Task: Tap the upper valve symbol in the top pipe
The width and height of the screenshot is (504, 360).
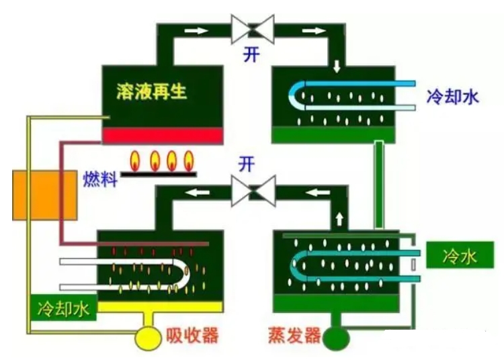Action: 252,30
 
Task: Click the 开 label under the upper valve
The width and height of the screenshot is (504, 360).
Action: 252,55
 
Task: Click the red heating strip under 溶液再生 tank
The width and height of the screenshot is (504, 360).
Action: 162,136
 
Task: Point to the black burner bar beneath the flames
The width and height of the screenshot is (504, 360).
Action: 162,173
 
